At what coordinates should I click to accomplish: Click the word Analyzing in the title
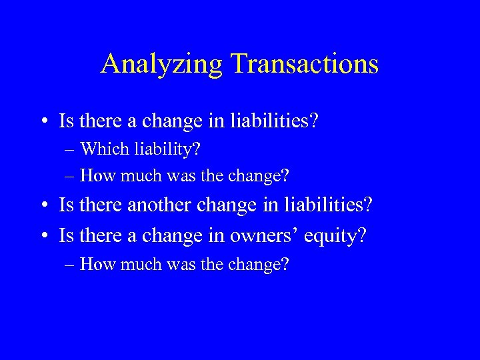click(162, 64)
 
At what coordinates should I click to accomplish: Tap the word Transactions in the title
click(305, 64)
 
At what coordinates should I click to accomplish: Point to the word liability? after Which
click(165, 149)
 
